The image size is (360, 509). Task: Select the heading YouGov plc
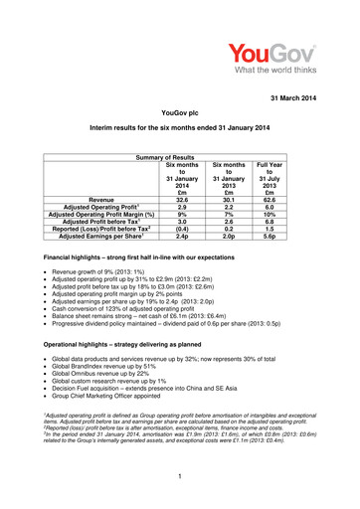point(179,115)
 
